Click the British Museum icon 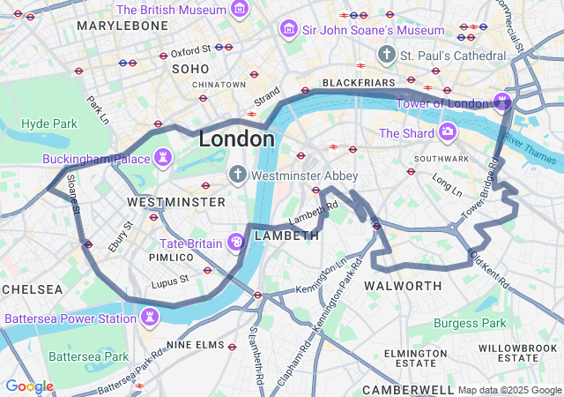click(x=239, y=10)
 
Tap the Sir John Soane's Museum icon click(x=288, y=30)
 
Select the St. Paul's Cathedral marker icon click(x=386, y=56)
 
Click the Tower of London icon click(x=503, y=102)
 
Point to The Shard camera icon click(x=448, y=133)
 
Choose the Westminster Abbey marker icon click(x=237, y=176)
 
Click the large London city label click(x=236, y=139)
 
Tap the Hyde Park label click(x=48, y=124)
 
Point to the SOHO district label click(x=191, y=68)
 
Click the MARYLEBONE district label click(x=122, y=26)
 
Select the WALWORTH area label click(x=403, y=286)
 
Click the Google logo click(x=29, y=386)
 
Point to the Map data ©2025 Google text click(x=508, y=390)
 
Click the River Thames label click(x=532, y=147)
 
